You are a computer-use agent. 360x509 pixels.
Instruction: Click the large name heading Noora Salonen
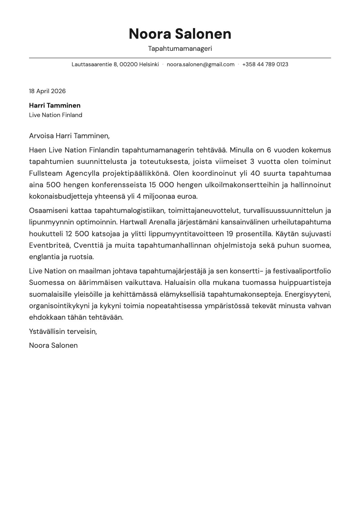click(x=180, y=34)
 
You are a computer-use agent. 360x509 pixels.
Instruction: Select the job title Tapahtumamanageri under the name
click(x=180, y=48)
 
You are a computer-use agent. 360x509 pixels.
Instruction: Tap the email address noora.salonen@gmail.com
click(x=201, y=64)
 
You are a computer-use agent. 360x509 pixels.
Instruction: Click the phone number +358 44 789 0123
click(x=265, y=64)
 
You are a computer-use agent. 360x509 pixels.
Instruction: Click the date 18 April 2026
click(x=47, y=91)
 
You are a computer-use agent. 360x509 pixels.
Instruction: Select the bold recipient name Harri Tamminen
click(x=55, y=106)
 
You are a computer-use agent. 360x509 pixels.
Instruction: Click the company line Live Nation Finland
click(x=56, y=115)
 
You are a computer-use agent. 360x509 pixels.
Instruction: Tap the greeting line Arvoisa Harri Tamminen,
click(x=69, y=136)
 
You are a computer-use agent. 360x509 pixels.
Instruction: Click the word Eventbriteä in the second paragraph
click(x=49, y=245)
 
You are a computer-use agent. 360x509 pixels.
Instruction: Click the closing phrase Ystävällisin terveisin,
click(x=63, y=331)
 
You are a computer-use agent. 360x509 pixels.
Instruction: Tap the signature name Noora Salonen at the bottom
click(x=53, y=345)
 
